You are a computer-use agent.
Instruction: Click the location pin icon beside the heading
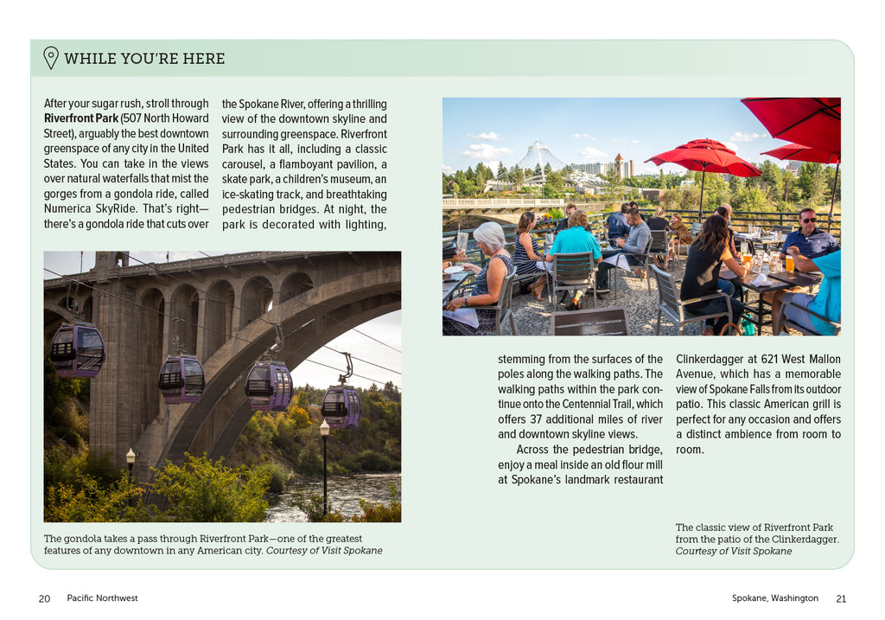coord(51,58)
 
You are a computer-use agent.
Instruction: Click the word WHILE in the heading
coord(85,59)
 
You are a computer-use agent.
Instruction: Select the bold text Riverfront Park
coord(81,118)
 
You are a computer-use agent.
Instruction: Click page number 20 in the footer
coord(44,598)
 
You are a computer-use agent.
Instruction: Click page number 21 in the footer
coord(841,598)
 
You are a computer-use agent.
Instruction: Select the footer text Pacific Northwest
coord(102,598)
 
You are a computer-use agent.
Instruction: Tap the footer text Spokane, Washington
coord(774,598)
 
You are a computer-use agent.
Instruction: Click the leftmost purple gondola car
coord(77,349)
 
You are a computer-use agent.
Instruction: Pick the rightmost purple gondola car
coord(341,406)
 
